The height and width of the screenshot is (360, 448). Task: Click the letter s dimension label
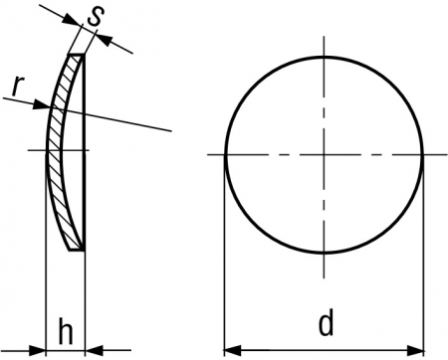(96, 16)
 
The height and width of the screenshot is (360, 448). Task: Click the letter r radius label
(18, 86)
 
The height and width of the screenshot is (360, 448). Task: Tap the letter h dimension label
(66, 331)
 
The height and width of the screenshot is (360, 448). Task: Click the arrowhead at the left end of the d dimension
(232, 350)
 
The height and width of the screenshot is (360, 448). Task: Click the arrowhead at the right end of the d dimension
(415, 350)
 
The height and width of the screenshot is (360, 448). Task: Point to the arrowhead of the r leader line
(42, 105)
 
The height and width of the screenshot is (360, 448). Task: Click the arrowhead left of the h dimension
(37, 350)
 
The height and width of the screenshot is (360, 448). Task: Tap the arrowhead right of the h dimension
(94, 350)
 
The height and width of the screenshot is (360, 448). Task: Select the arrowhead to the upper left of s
(73, 19)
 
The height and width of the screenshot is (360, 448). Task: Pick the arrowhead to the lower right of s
(105, 39)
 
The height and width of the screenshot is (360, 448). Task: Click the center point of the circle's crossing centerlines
(325, 154)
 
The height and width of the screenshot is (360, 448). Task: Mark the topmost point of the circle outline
(325, 57)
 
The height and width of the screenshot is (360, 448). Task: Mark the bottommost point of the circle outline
(325, 254)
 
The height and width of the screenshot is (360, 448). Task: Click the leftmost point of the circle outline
(226, 154)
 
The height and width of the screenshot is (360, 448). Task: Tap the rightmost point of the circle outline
(423, 154)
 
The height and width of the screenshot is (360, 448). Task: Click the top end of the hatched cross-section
(76, 55)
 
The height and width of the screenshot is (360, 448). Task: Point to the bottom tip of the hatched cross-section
(77, 250)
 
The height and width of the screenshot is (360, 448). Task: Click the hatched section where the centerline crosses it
(54, 150)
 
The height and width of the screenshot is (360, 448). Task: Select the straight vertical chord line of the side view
(84, 152)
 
